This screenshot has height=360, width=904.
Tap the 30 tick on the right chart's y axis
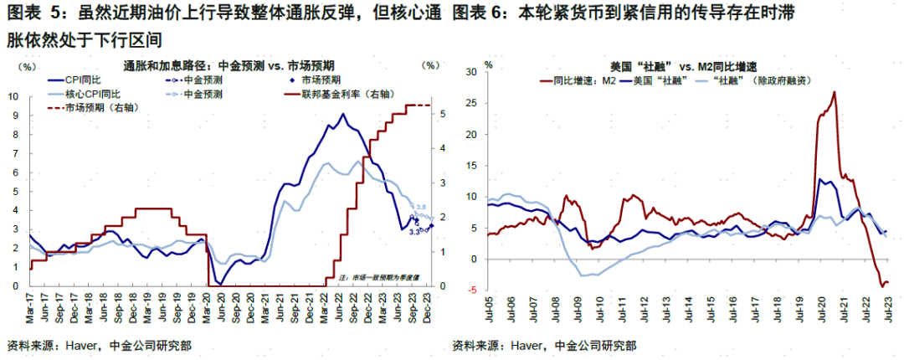470,72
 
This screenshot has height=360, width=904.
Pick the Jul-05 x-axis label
487,313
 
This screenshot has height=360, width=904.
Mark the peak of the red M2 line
835,92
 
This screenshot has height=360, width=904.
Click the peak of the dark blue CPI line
342,114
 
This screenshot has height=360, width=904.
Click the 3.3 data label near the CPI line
413,232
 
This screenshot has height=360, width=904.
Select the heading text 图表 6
477,15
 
